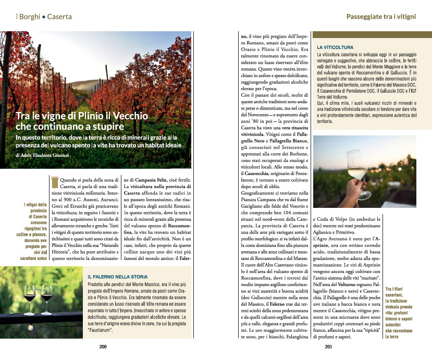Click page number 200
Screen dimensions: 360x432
(103, 346)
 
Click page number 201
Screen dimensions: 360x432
(328, 346)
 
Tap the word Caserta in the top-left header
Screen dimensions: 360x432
(59, 17)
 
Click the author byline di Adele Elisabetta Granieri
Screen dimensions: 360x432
(50, 155)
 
